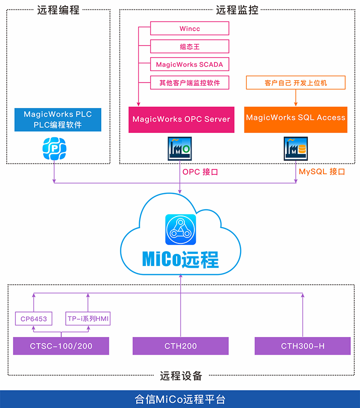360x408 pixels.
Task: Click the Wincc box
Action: [x=190, y=28]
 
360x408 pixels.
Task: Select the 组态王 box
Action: [x=190, y=47]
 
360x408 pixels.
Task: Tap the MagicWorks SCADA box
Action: [x=190, y=64]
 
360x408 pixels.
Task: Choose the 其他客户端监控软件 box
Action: [x=190, y=83]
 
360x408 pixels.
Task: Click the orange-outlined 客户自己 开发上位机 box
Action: [x=296, y=83]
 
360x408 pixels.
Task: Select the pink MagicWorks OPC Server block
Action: [x=181, y=119]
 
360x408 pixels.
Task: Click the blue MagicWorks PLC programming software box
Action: [x=58, y=120]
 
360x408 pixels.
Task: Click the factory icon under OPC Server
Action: [x=180, y=149]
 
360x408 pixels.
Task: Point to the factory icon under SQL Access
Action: [x=296, y=149]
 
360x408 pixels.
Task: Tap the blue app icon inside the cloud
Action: [x=180, y=229]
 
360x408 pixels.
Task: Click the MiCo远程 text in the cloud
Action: [x=180, y=259]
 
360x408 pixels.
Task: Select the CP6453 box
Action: [x=33, y=319]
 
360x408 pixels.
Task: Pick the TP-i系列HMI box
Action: [x=88, y=319]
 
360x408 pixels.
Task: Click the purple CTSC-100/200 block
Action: [x=61, y=346]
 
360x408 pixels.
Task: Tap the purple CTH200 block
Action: [x=180, y=346]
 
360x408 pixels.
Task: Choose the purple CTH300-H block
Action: [x=302, y=346]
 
